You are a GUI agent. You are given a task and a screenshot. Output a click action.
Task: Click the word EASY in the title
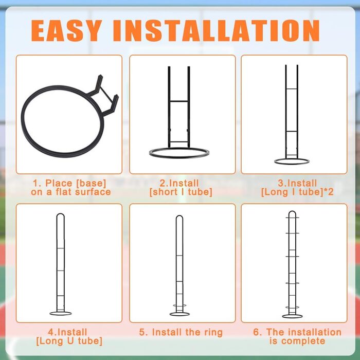66,30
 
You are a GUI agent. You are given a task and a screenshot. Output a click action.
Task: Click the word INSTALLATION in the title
216,30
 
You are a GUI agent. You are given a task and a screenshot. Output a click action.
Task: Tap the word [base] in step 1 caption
92,183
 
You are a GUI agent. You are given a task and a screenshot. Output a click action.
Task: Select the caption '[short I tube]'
181,192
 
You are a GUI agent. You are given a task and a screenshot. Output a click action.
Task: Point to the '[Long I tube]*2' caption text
297,192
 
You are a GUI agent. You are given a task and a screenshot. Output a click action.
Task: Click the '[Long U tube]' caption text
69,341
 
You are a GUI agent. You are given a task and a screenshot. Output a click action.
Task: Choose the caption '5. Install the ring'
181,332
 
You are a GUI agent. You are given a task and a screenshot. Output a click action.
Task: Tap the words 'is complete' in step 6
297,341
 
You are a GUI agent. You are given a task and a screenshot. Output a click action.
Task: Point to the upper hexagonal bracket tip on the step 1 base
100,76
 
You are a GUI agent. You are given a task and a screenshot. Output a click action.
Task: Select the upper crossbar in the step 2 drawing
179,101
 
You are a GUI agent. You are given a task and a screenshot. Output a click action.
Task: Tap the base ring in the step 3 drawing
292,164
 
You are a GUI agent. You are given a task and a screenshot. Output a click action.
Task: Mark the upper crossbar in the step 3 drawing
292,89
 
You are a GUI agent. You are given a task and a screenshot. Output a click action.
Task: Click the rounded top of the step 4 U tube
61,214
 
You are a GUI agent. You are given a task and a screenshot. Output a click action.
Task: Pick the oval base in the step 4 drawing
61,315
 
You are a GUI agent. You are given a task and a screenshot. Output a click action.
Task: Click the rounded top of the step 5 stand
179,216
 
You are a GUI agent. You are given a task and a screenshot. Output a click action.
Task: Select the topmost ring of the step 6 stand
292,218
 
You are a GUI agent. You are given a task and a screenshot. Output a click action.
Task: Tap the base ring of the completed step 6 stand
292,317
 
